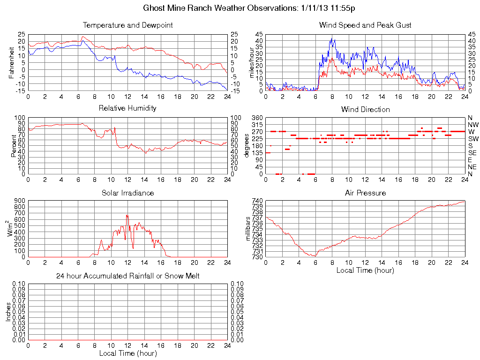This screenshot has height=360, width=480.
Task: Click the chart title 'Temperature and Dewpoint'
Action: pyautogui.click(x=127, y=25)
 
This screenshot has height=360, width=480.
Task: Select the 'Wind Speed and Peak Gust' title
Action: pyautogui.click(x=365, y=25)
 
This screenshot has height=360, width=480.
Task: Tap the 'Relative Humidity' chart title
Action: pyautogui.click(x=127, y=108)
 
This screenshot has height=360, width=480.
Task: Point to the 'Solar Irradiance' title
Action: pyautogui.click(x=127, y=193)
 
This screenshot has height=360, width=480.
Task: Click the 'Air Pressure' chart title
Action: pyautogui.click(x=365, y=193)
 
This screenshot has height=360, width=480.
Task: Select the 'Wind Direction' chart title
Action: pyautogui.click(x=365, y=109)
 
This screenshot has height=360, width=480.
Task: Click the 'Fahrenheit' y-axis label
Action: pyautogui.click(x=11, y=63)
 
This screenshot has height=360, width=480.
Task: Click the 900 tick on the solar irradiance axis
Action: pyautogui.click(x=20, y=201)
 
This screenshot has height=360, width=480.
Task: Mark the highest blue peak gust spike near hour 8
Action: pyautogui.click(x=331, y=38)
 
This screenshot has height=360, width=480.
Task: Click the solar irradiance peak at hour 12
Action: pyautogui.click(x=127, y=215)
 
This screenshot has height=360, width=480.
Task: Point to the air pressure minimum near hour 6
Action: pyautogui.click(x=314, y=256)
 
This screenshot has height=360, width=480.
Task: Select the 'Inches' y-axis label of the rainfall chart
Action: pyautogui.click(x=8, y=311)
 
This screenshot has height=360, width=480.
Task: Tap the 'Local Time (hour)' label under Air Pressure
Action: pyautogui.click(x=365, y=270)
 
